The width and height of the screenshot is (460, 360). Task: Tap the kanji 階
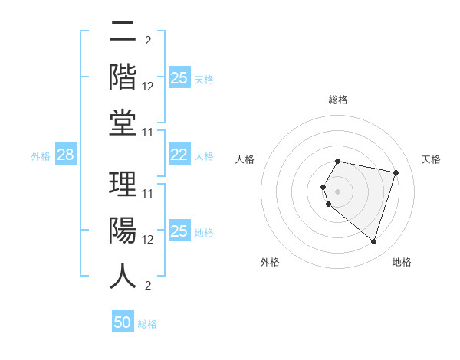(x=123, y=77)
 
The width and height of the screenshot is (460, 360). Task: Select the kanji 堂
(x=123, y=123)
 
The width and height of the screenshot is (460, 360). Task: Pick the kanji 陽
(x=123, y=231)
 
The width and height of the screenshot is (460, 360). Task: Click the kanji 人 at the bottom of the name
(x=123, y=276)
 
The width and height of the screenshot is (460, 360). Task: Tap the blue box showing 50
(x=123, y=322)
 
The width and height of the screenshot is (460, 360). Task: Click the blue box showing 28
(x=65, y=155)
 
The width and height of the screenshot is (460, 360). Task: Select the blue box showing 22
(x=179, y=155)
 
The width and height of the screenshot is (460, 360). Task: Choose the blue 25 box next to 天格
(x=179, y=77)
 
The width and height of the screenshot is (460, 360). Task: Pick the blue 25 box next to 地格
(x=179, y=231)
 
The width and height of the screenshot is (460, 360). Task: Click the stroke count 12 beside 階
(x=148, y=87)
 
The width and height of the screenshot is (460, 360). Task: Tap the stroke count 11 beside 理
(x=148, y=194)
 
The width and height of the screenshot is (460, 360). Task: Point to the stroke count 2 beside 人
(x=147, y=286)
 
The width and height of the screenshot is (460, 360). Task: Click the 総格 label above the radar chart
(x=338, y=100)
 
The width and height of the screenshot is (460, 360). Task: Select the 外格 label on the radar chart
(x=269, y=262)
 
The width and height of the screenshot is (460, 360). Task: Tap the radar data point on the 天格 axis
(x=396, y=172)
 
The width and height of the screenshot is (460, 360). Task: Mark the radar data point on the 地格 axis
(x=373, y=242)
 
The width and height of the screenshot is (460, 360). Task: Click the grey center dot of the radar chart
(x=338, y=191)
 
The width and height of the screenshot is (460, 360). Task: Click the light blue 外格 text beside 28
(x=41, y=155)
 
